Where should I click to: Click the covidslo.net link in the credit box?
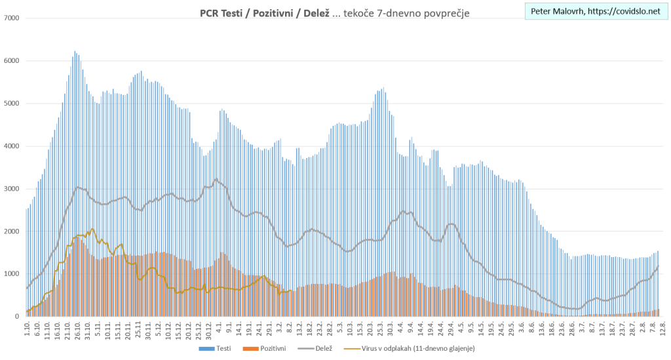point(625,12)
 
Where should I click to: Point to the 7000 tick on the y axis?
point(11,18)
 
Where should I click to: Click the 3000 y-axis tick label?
point(11,189)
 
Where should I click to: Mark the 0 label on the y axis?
point(17,317)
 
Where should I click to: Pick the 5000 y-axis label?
point(11,104)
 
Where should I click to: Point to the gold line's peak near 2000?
point(92,229)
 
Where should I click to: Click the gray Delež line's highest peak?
point(216,179)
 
